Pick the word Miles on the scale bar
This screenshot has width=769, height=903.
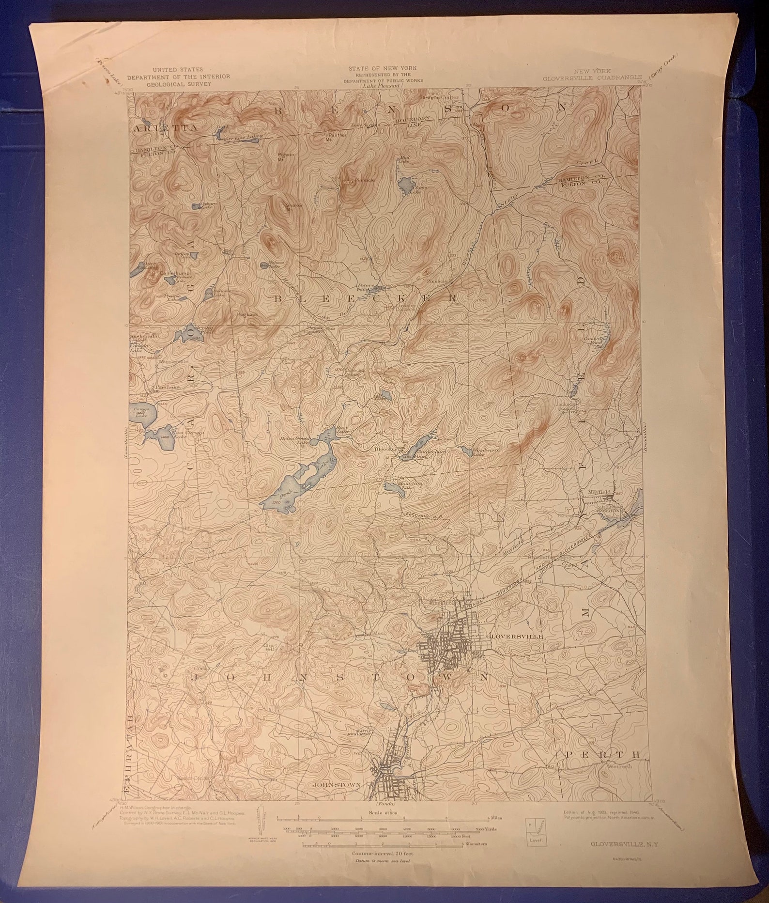coord(496,817)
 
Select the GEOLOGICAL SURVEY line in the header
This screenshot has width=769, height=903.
coord(179,83)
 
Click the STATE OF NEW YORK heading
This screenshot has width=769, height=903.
coord(383,68)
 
